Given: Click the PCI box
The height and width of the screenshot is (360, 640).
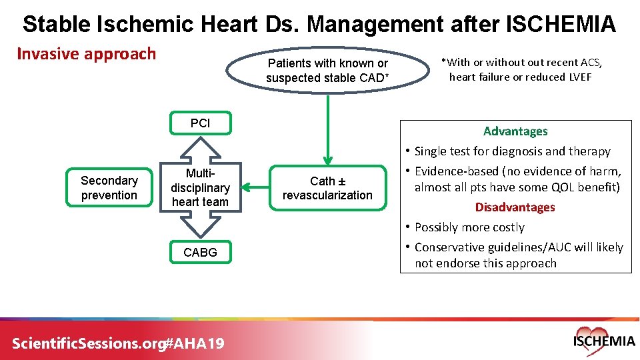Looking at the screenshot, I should coord(200,123).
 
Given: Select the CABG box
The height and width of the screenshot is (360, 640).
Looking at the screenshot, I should coord(200,252).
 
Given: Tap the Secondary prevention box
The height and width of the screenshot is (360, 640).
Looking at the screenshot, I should coord(109,188).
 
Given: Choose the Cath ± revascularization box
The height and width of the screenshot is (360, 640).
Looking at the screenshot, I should coord(327,188).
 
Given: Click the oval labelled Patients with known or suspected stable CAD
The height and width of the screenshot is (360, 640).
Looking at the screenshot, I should coord(327,71).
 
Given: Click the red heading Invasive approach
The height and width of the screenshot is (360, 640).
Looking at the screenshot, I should coord(86,54).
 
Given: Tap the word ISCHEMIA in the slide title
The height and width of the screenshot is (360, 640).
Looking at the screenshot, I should coord(561,25).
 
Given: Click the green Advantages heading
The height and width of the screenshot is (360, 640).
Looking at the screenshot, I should coord(515,131).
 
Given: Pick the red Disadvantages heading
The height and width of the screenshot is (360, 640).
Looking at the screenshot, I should coord(515,207).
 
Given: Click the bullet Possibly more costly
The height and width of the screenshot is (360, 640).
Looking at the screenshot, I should coord(469,227).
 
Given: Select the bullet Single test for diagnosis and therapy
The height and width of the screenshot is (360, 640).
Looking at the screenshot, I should coord(512,151).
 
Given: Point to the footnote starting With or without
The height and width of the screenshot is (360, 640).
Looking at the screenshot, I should coord(521,69).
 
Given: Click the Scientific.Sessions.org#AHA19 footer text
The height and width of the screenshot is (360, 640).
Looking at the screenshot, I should coord(119,343).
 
